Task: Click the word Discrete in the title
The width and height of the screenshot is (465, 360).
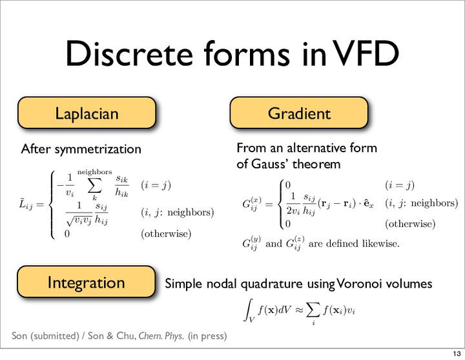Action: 129,54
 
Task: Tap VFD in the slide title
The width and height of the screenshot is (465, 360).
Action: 367,54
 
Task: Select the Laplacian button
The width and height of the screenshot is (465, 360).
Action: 87,113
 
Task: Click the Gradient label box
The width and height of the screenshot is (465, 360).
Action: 299,113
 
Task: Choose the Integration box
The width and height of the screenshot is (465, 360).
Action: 87,282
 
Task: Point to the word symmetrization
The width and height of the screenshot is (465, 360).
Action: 98,149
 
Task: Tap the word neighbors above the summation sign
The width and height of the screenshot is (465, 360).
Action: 94,172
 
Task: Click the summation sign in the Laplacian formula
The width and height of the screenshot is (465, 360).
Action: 94,186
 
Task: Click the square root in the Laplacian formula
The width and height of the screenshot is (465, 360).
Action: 79,219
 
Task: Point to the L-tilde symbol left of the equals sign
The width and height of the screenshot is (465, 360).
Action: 26,204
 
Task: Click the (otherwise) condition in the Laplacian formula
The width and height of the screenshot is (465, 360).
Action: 166,234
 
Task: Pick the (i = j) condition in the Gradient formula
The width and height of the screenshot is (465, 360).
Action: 400,185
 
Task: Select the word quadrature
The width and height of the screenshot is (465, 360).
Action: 271,284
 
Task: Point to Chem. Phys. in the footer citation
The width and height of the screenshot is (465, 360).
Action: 161,335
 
